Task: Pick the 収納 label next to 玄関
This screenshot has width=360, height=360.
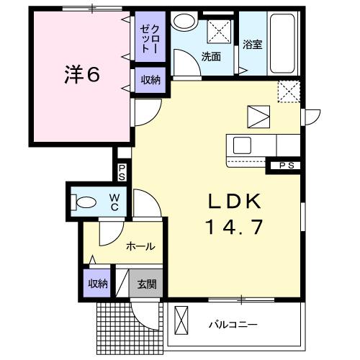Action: click(97, 283)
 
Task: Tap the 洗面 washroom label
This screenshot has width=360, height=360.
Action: click(211, 56)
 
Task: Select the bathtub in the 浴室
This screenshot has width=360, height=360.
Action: click(283, 45)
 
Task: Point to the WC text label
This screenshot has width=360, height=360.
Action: click(114, 202)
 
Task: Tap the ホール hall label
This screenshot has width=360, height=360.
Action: click(140, 246)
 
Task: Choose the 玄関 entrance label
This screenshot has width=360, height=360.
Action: click(148, 284)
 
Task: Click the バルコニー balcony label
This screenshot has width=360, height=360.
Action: click(233, 325)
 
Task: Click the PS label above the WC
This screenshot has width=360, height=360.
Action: click(122, 172)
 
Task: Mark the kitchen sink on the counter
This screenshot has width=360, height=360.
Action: click(243, 144)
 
